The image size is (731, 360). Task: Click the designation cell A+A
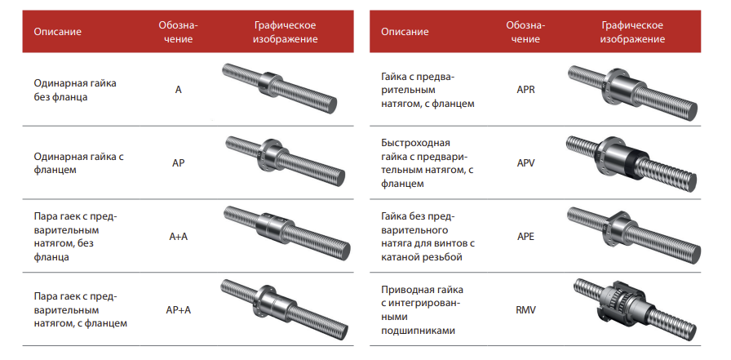tap(178, 237)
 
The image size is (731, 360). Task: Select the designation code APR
tap(525, 90)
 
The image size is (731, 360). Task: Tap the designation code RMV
tap(525, 310)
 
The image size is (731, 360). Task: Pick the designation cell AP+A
tap(178, 310)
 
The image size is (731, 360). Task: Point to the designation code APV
tap(525, 163)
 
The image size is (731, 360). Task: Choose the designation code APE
tap(525, 237)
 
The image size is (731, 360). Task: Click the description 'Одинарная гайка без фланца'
tap(74, 90)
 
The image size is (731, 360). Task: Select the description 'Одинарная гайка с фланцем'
tap(78, 162)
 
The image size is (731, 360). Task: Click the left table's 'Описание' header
tap(57, 32)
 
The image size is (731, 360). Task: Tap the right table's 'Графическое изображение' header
tap(632, 32)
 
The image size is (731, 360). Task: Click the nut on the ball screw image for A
tap(268, 84)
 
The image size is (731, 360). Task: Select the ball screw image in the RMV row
tap(635, 309)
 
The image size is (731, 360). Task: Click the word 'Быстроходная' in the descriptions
tap(415, 143)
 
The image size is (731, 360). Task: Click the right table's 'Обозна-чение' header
tap(525, 32)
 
